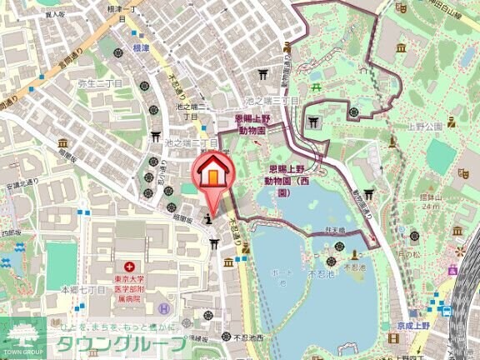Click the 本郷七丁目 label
pos(82,289)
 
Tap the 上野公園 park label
pos(424,127)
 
